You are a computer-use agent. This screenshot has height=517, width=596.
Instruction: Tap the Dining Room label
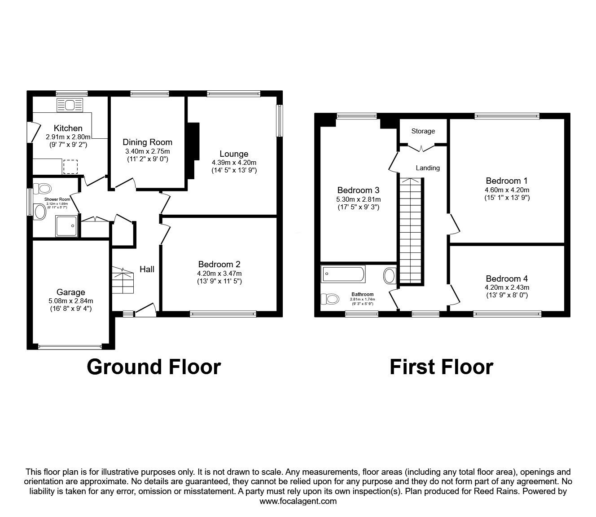tap(148, 142)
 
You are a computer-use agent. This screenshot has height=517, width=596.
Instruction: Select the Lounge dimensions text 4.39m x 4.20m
tap(234, 163)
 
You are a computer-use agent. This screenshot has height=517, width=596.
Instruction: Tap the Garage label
tap(70, 292)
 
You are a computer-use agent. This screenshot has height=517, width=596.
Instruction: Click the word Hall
tap(147, 269)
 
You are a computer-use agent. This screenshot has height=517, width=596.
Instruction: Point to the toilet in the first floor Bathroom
tap(330, 298)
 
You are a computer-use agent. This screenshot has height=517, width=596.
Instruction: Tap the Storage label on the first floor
tap(423, 131)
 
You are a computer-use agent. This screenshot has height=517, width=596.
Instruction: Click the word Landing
tap(428, 168)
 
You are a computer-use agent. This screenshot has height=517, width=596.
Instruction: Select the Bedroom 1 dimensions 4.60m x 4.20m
tap(507, 190)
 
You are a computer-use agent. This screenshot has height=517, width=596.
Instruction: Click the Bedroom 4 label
tap(507, 278)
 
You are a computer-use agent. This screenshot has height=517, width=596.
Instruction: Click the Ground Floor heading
tap(154, 367)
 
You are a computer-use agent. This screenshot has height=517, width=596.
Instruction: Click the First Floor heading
tap(441, 367)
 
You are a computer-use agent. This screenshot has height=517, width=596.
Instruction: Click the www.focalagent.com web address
tap(298, 501)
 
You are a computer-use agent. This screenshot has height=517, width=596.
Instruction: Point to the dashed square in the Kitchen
tap(70, 167)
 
